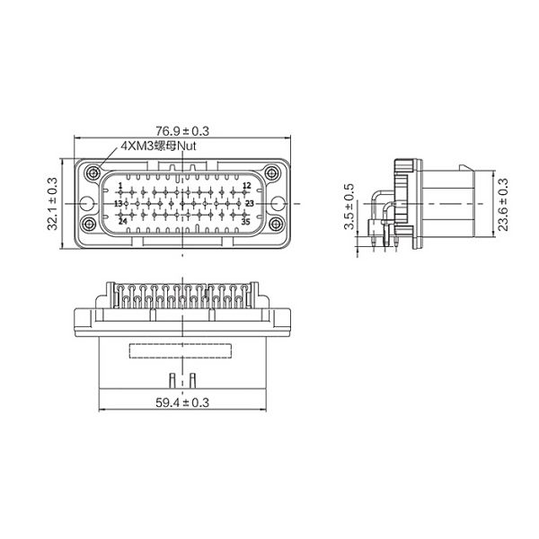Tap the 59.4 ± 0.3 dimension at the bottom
point(182,402)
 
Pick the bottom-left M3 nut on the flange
point(90,223)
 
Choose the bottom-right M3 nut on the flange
point(276,223)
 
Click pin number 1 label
point(119,187)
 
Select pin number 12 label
point(245,187)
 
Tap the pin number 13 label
point(118,204)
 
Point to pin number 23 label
point(249,204)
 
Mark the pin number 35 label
point(245,220)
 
